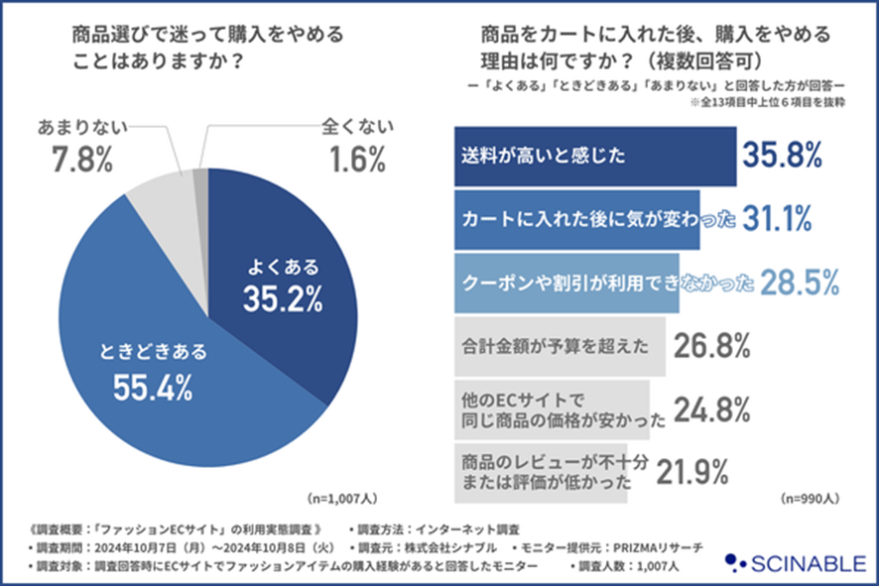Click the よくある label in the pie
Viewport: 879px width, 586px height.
284,266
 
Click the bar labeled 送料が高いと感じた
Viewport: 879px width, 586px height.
594,157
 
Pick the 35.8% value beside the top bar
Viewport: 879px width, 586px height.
784,156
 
